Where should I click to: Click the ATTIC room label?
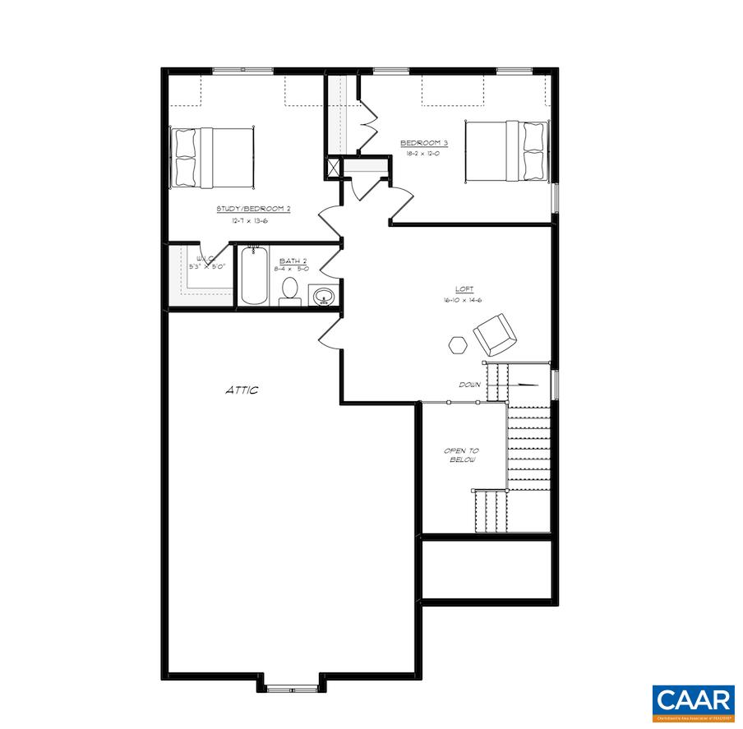(242, 390)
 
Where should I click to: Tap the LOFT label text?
(465, 289)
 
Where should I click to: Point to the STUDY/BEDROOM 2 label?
(254, 209)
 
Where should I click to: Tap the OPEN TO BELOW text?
(461, 454)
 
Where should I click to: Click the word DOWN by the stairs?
(470, 385)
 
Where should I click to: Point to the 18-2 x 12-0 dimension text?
(422, 153)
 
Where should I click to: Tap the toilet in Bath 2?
(289, 291)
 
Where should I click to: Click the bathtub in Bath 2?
(253, 277)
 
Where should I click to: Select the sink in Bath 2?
(323, 296)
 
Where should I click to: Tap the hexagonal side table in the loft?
(458, 344)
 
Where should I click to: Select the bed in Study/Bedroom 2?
(212, 156)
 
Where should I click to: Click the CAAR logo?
(694, 701)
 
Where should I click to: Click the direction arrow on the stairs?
(524, 384)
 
